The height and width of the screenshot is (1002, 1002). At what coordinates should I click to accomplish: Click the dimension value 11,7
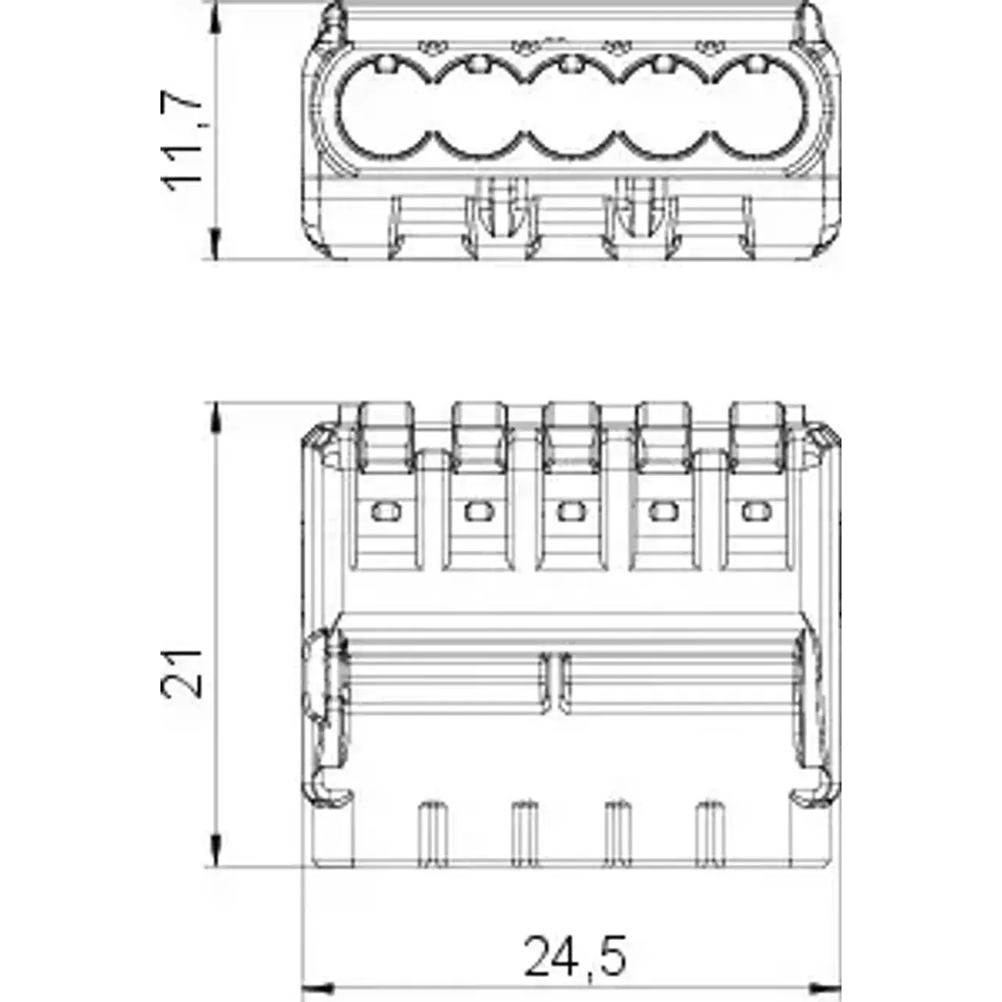point(182,142)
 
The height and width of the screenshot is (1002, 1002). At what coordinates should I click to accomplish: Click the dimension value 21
point(182,673)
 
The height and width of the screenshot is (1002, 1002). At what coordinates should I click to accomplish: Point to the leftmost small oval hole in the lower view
point(387,512)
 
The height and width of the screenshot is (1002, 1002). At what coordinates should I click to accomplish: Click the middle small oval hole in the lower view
point(571,512)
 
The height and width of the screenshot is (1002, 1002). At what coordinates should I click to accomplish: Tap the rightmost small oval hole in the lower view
point(756,512)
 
